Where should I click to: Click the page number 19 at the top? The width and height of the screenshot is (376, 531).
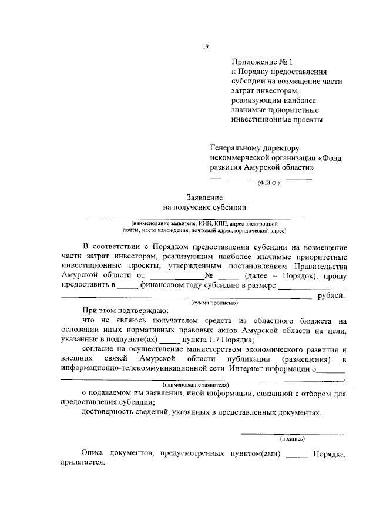pos(206,47)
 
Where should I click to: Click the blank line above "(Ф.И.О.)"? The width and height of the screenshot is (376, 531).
pos(261,177)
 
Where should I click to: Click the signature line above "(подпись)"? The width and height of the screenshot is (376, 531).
pos(293,433)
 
